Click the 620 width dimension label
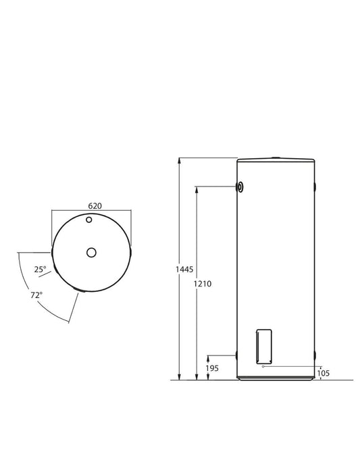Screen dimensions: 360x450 [x=95, y=206]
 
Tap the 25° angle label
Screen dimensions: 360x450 [x=40, y=269]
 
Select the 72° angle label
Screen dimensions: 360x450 [x=36, y=295]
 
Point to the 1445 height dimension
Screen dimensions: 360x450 [x=184, y=269]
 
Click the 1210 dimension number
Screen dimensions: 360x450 [x=202, y=284]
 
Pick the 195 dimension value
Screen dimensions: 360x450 [x=212, y=368]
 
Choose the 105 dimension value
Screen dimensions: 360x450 [x=324, y=373]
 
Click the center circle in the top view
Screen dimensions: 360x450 [x=91, y=253]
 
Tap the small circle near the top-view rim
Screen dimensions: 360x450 [x=89, y=220]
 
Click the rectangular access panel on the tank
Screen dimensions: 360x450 [x=264, y=347]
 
